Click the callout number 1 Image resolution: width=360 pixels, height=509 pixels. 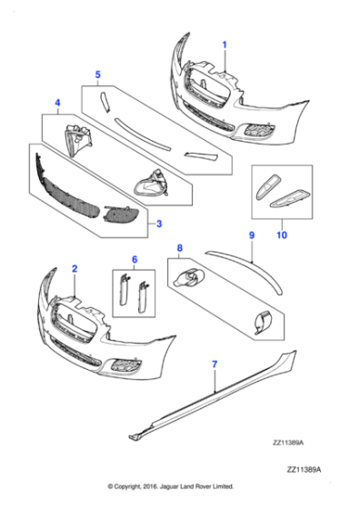[x=225, y=44]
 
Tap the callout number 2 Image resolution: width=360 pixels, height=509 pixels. [x=75, y=269]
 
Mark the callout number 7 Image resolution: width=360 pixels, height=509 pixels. [x=215, y=364]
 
